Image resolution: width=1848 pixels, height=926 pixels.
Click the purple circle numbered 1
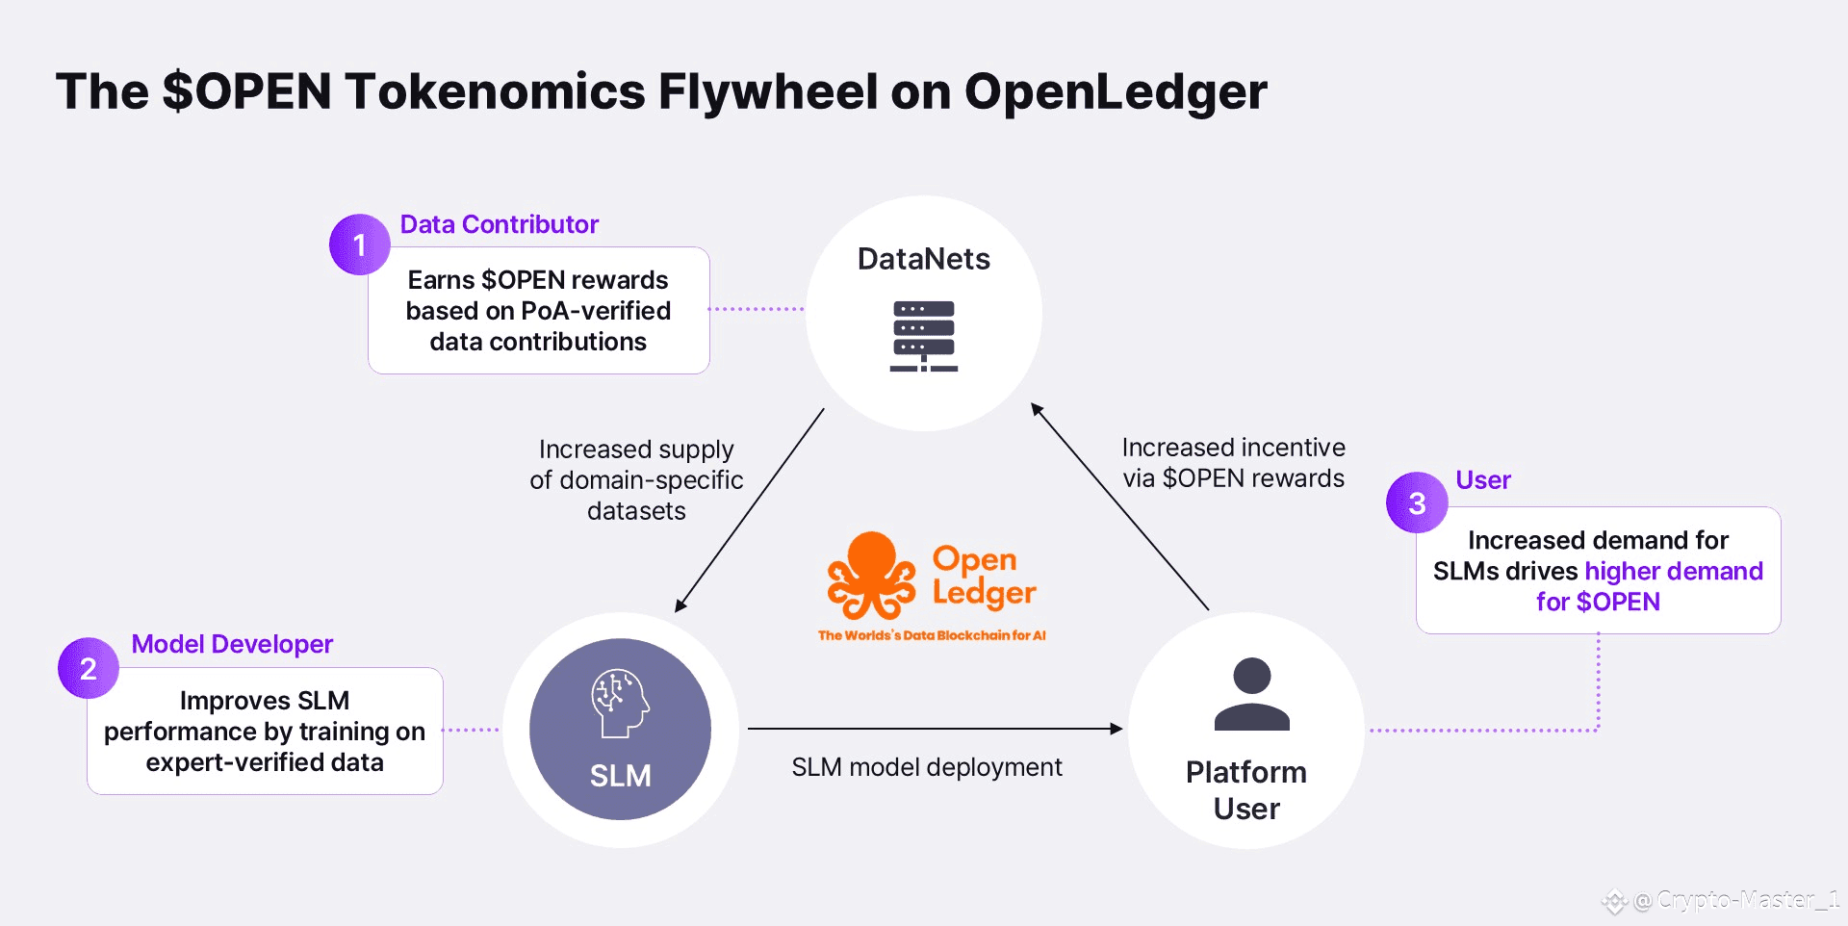click(x=359, y=244)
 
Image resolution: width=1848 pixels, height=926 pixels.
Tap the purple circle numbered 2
click(x=88, y=668)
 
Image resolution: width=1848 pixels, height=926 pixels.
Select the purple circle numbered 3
click(x=1416, y=502)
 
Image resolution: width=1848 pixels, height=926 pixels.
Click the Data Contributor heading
click(x=499, y=224)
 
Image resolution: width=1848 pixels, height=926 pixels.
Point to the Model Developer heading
click(x=232, y=644)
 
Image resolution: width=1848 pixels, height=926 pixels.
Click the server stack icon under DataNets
click(x=924, y=336)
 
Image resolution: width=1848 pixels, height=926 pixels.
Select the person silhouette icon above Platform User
click(x=1251, y=694)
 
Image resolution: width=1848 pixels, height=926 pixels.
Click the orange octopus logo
click(x=871, y=576)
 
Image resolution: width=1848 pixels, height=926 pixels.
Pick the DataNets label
click(x=923, y=259)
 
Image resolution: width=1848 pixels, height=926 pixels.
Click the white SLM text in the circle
click(x=620, y=776)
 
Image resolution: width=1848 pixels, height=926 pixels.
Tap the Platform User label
click(x=1246, y=790)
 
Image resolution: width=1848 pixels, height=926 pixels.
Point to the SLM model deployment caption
click(x=926, y=767)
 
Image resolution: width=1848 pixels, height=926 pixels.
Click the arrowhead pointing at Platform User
click(x=1116, y=729)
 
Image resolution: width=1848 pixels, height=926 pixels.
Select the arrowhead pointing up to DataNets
click(x=1037, y=409)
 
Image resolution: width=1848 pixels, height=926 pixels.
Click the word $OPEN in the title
click(x=247, y=91)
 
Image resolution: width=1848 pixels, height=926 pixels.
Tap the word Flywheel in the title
click(x=767, y=91)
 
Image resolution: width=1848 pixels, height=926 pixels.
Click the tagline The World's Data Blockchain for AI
click(x=931, y=635)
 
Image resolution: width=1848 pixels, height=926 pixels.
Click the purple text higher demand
click(x=1673, y=571)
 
